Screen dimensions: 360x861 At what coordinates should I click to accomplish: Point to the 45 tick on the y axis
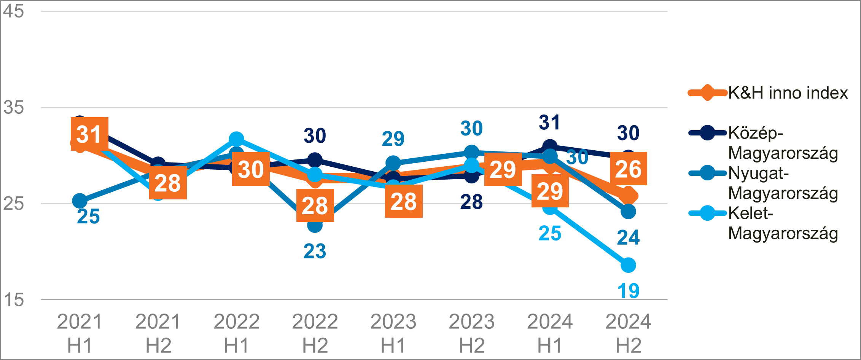tap(13, 11)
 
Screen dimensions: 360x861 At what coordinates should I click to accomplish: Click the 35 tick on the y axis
tap(13, 107)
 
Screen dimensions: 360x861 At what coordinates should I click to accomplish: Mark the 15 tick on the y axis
tap(13, 300)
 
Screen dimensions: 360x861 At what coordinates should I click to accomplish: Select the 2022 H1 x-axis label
tap(236, 333)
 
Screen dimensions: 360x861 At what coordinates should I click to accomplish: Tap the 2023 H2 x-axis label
tap(471, 333)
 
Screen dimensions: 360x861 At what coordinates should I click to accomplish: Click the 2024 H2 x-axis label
tap(628, 333)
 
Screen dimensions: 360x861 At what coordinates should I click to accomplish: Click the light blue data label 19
tap(628, 291)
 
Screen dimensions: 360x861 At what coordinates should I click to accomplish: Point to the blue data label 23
tap(315, 251)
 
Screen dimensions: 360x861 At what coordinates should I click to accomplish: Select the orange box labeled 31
tap(89, 134)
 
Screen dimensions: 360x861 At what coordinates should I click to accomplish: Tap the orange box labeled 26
tap(628, 169)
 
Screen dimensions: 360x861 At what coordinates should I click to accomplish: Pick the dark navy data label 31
tap(549, 123)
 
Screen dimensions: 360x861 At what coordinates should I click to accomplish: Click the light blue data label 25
tap(550, 233)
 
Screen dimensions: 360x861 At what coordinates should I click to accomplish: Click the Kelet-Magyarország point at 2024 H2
tap(628, 265)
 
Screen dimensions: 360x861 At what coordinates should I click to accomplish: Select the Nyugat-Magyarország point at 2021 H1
tap(80, 201)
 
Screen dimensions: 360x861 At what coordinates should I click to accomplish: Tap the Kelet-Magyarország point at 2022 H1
tap(236, 139)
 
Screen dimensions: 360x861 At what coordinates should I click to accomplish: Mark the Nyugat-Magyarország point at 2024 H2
tap(628, 212)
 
